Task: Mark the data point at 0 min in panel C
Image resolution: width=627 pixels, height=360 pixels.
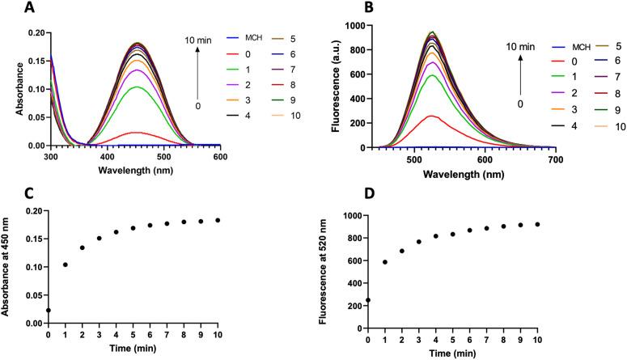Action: click(49, 310)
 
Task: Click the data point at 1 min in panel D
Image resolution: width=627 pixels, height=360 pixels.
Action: click(385, 261)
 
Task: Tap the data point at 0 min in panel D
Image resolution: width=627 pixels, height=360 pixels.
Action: click(368, 300)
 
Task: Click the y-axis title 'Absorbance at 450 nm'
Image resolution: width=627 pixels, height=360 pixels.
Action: click(9, 266)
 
